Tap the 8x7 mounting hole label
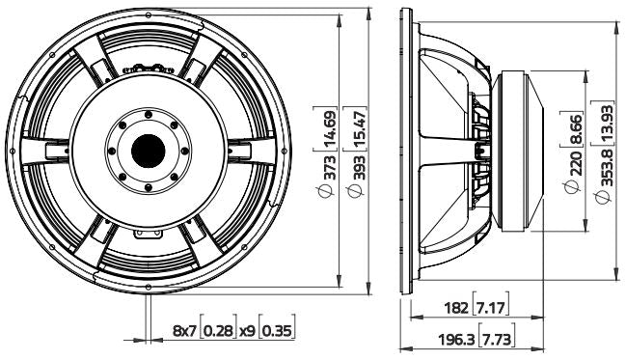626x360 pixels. (186, 330)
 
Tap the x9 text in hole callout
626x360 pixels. (248, 330)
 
